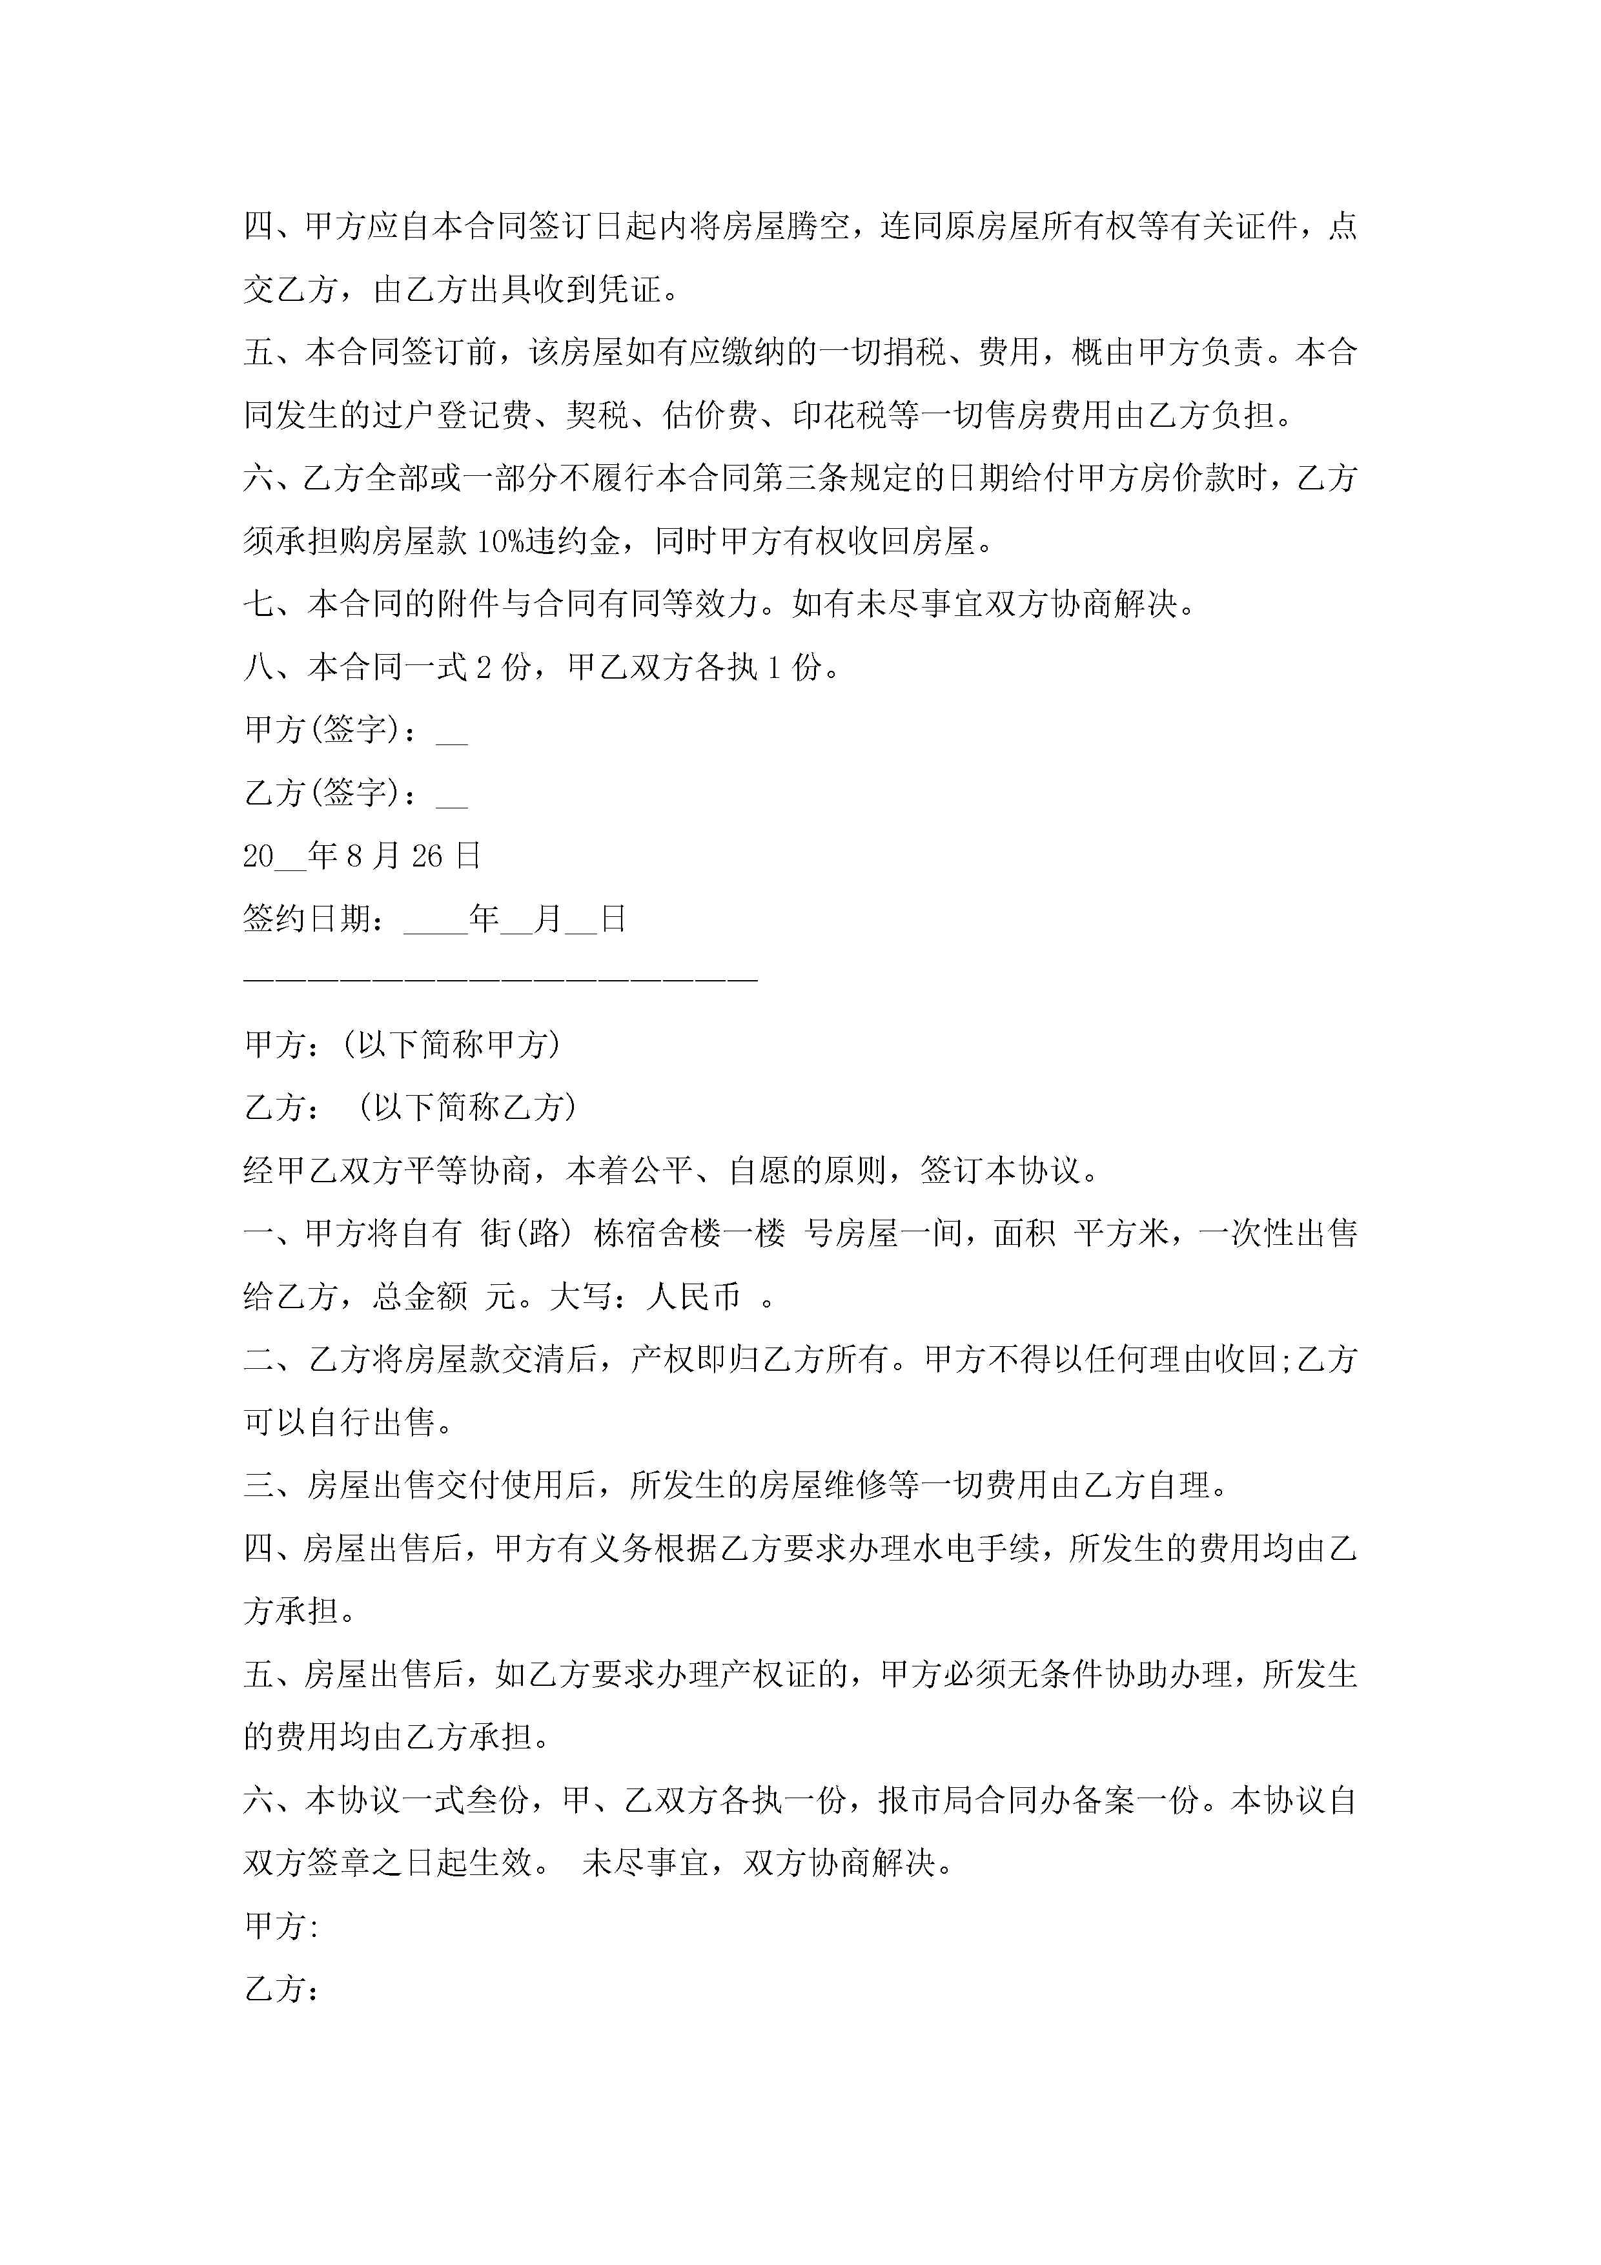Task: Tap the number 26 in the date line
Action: [x=427, y=856]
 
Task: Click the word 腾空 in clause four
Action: [x=818, y=227]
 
